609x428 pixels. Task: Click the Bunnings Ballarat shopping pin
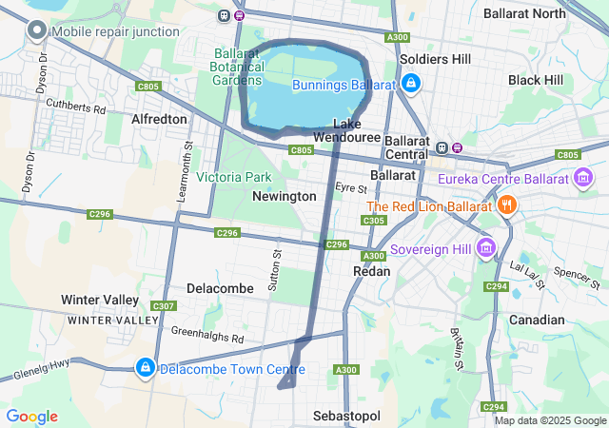[x=409, y=85]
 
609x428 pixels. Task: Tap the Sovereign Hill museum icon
[x=487, y=247]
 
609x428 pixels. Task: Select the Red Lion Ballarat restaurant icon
[x=506, y=205]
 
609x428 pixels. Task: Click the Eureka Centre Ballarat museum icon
[x=583, y=178]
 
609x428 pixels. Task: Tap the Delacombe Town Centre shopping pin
[x=145, y=367]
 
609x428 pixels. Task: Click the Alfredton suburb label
[x=159, y=120]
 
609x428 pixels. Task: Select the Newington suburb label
[x=284, y=196]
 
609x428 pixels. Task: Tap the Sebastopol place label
[x=346, y=417]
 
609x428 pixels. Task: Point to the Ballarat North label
[x=524, y=13]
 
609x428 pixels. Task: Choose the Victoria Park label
[x=234, y=177]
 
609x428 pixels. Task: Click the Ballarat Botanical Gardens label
[x=237, y=66]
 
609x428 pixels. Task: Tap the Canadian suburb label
[x=537, y=320]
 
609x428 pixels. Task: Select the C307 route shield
[x=164, y=305]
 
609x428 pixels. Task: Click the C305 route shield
[x=374, y=221]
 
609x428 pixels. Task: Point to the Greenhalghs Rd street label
[x=207, y=335]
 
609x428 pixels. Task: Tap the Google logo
[x=31, y=417]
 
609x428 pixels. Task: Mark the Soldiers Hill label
[x=435, y=59]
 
